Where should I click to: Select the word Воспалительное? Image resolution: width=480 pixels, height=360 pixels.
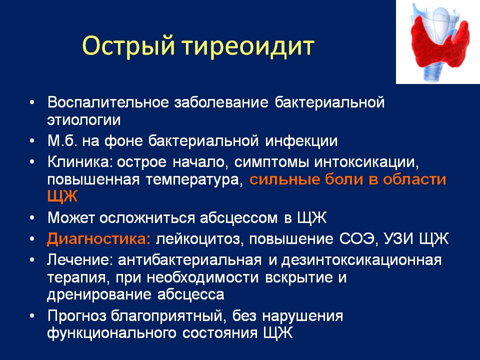[x=108, y=102]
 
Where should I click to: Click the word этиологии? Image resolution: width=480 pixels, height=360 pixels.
[x=84, y=120]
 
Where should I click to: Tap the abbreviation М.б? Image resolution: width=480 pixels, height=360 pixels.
[x=62, y=141]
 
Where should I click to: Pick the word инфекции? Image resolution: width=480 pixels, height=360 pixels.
[x=301, y=141]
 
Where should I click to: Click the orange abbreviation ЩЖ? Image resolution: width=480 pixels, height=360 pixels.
[x=62, y=196]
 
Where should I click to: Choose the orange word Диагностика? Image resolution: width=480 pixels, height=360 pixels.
[x=99, y=239]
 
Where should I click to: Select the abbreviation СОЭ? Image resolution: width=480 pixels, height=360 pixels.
[x=356, y=239]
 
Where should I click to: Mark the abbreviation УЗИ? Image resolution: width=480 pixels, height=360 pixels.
[x=396, y=239]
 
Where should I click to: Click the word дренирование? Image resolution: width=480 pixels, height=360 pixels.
[x=99, y=295]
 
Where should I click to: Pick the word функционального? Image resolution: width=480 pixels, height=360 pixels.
[x=111, y=333]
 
